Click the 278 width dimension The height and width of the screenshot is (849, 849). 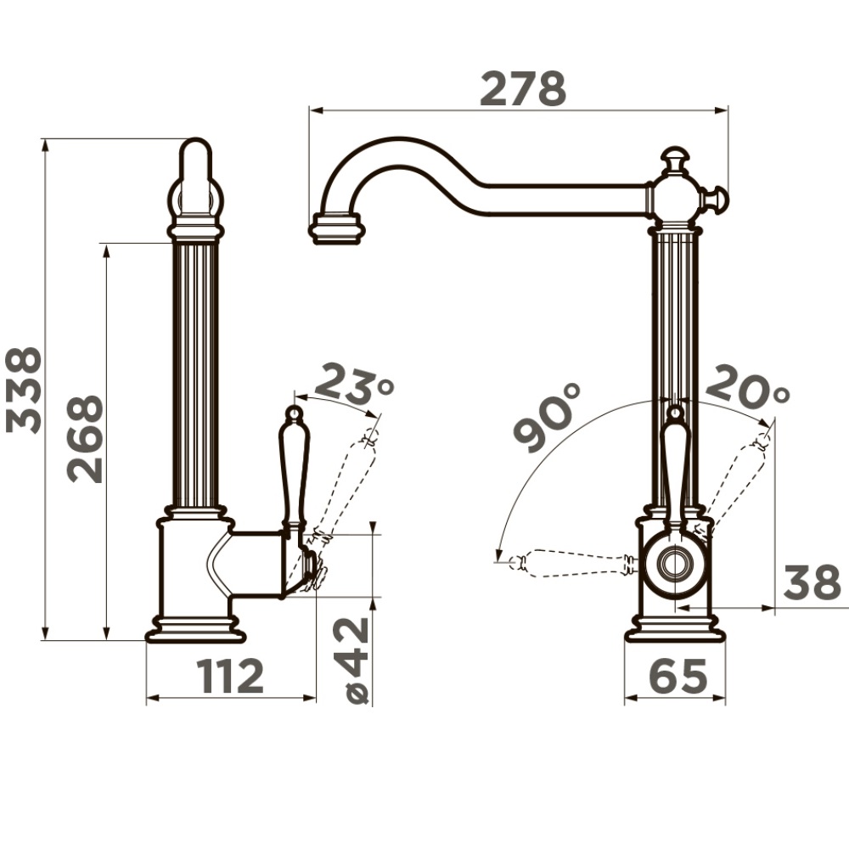coord(523,88)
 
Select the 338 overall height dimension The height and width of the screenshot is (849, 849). coord(24,390)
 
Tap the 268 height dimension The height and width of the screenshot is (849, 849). coord(85,439)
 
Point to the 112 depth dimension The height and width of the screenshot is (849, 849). coord(230,676)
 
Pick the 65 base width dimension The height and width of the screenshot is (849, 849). coord(678,676)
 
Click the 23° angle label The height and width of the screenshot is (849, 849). coord(354,385)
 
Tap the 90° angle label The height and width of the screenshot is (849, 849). coord(547,417)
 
